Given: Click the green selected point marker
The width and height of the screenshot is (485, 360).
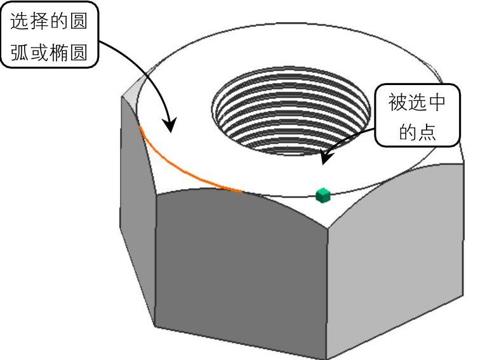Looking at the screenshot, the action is click(x=323, y=195).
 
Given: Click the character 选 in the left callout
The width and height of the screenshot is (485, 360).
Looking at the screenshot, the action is click(x=20, y=23).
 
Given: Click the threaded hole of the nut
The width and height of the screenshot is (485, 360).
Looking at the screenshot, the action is click(x=291, y=114).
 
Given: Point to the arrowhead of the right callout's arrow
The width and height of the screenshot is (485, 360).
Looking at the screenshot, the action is click(x=324, y=161).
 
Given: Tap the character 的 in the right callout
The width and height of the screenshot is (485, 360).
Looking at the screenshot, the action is click(x=406, y=132).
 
